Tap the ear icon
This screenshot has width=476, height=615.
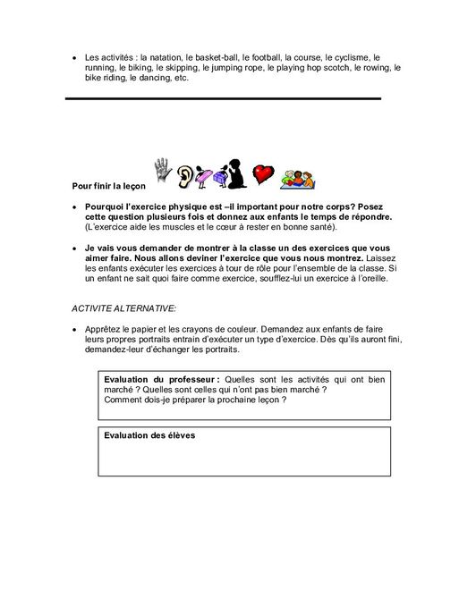pyautogui.click(x=185, y=176)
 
